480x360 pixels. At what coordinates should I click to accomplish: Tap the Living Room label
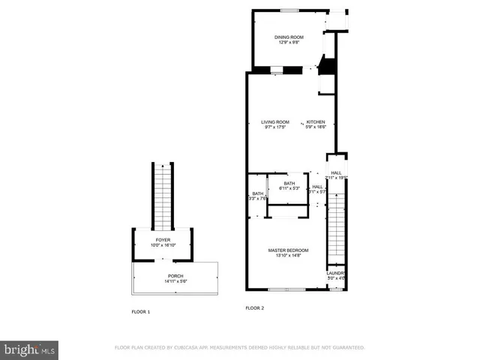click(275, 122)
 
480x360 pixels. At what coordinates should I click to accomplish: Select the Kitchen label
click(315, 122)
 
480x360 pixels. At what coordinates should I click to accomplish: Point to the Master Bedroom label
click(289, 250)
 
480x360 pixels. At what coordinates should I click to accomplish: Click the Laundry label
click(336, 273)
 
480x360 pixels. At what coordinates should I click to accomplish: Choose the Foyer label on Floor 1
click(163, 240)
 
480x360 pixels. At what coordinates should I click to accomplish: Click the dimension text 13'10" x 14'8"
click(289, 256)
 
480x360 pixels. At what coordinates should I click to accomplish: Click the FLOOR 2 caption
click(256, 308)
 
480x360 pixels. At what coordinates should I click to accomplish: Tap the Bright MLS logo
click(29, 349)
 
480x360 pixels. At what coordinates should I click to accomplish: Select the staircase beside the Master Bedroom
click(336, 225)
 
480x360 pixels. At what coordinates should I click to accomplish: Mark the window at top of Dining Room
click(288, 10)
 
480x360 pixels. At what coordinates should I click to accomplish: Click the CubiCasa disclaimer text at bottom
click(239, 348)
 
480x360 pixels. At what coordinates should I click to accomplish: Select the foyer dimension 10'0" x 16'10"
click(163, 246)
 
